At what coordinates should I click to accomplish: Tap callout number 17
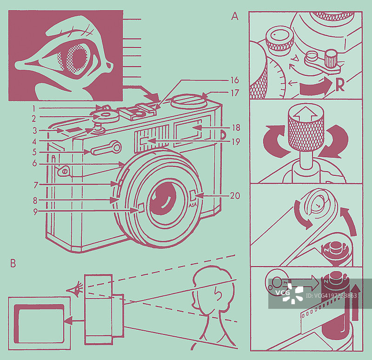[x=235, y=93]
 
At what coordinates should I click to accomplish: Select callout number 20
[x=235, y=196]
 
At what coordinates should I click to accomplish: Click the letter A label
[x=234, y=17]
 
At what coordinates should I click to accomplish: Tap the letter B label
[x=13, y=263]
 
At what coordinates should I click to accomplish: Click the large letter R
[x=340, y=85]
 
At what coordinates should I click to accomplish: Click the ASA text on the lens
[x=192, y=203]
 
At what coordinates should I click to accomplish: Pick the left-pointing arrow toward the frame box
[x=74, y=320]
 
